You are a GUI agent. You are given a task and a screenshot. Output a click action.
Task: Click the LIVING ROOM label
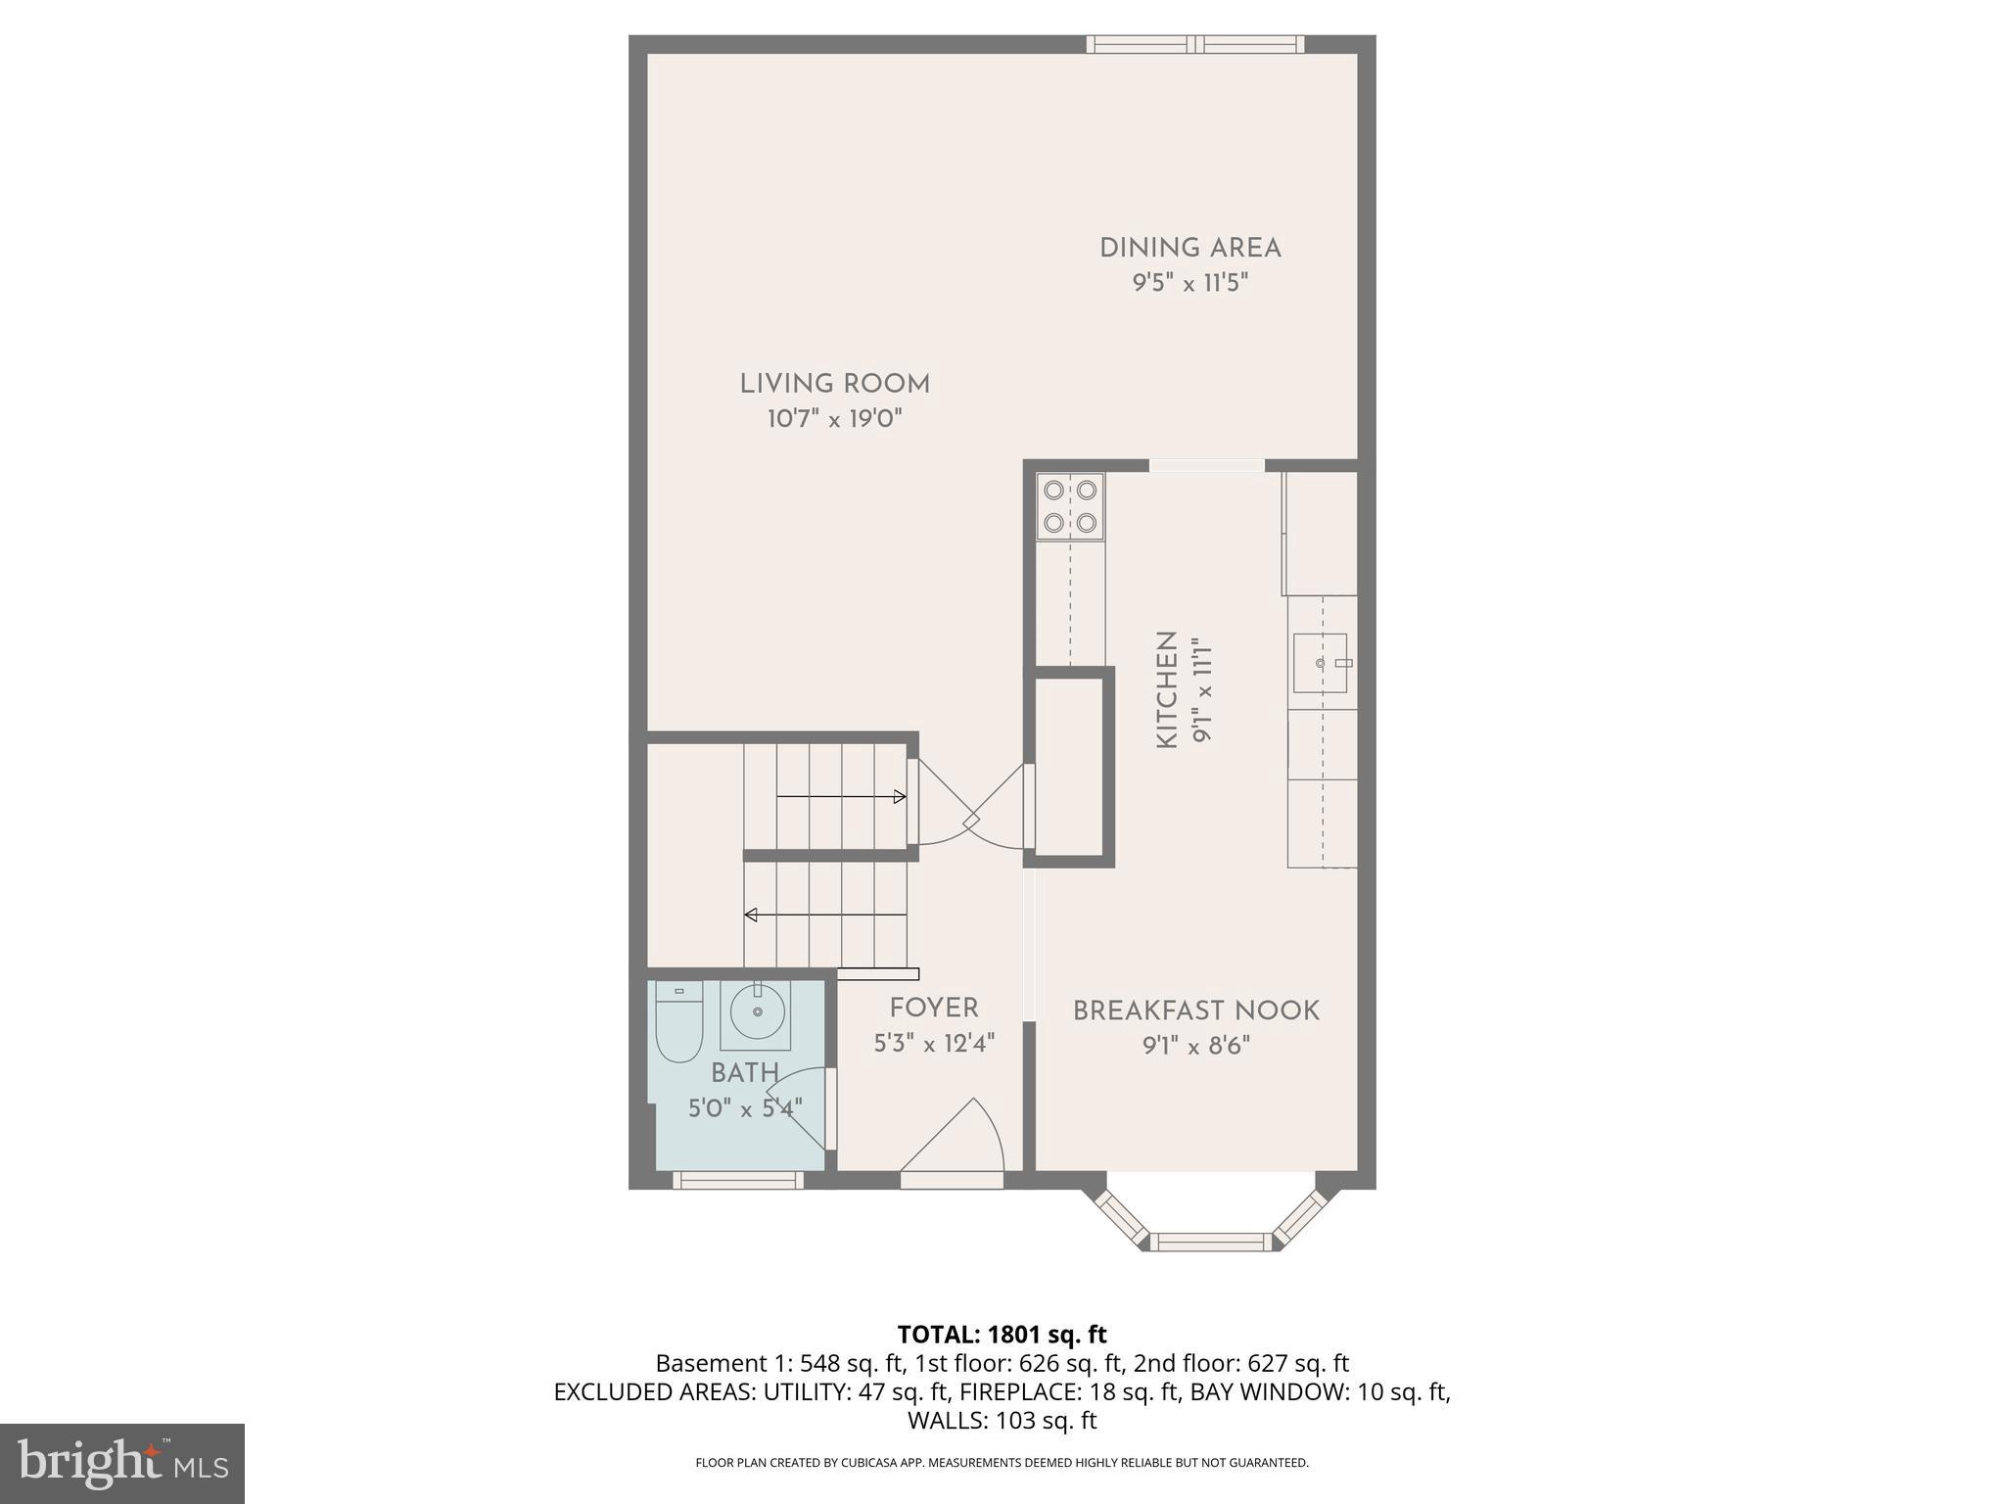point(834,384)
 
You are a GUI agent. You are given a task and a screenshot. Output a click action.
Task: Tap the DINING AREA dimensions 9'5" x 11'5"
point(1189,284)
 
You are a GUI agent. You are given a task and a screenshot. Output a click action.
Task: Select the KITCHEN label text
point(1167,690)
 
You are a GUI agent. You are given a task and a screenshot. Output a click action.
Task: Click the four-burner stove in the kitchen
point(1070,507)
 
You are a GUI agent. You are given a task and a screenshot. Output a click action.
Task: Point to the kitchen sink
point(1321,663)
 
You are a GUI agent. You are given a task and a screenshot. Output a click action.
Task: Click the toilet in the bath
point(678,1023)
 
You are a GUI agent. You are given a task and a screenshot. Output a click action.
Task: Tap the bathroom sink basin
point(757,1011)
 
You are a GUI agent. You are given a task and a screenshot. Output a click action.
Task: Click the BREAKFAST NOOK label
point(1195,1010)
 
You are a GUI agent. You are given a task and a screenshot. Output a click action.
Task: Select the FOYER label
point(933,1008)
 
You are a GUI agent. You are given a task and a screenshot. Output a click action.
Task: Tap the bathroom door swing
point(803,1106)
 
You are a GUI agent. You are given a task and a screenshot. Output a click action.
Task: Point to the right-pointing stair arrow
point(840,797)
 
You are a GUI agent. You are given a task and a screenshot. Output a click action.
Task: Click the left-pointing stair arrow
point(825,916)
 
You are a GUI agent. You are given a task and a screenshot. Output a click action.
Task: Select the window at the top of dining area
point(1194,44)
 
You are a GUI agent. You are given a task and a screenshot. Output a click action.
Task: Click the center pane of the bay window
point(1211,1243)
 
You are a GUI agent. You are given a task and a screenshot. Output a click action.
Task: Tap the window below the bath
point(738,1181)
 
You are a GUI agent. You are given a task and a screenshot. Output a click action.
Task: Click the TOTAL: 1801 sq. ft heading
point(1002,1335)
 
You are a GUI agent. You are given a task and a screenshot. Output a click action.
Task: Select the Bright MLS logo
point(121,1463)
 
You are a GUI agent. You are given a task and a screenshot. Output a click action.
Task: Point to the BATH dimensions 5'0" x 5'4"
point(745,1108)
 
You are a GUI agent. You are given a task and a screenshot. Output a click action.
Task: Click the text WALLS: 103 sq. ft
point(1002,1421)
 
